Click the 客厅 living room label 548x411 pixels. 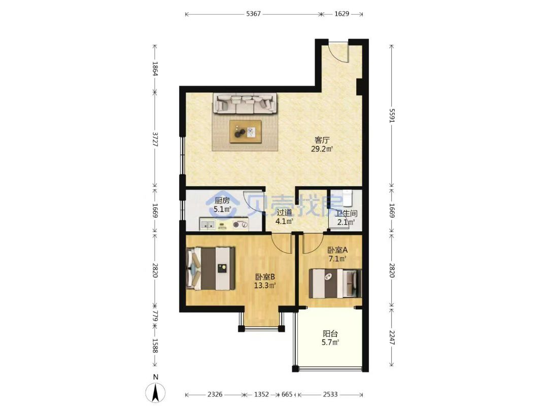pyautogui.click(x=322, y=140)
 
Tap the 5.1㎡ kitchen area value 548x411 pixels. pyautogui.click(x=222, y=210)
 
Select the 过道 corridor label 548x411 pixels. pyautogui.click(x=284, y=213)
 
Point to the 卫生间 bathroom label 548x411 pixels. pyautogui.click(x=346, y=213)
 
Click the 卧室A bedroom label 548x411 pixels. pyautogui.click(x=337, y=250)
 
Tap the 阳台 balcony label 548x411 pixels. pyautogui.click(x=330, y=334)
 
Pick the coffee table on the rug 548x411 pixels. pyautogui.click(x=246, y=131)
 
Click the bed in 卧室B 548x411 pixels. pyautogui.click(x=211, y=268)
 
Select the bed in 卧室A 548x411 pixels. pyautogui.click(x=335, y=284)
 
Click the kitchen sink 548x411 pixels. pyautogui.click(x=208, y=224)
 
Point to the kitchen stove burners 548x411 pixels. pyautogui.click(x=241, y=225)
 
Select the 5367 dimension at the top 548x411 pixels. pyautogui.click(x=253, y=14)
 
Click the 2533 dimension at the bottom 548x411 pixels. pyautogui.click(x=330, y=395)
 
